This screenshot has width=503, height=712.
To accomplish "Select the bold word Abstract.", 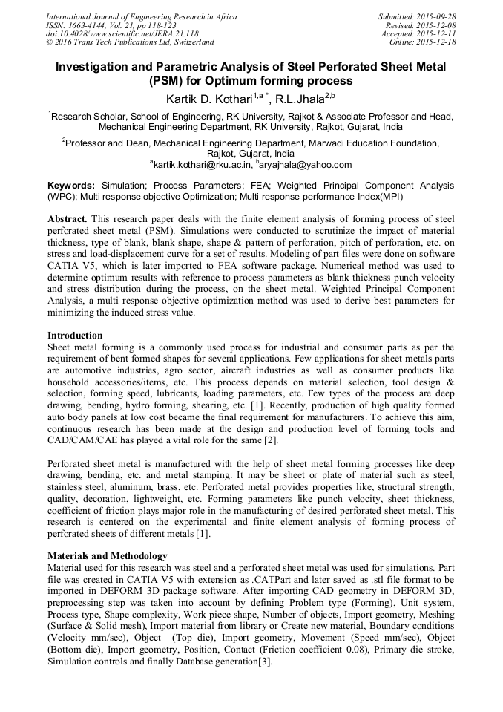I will pyautogui.click(x=68, y=221).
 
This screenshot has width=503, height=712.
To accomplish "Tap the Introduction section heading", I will pyautogui.click(x=75, y=336).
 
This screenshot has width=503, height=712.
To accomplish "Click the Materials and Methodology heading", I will pyautogui.click(x=107, y=555).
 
